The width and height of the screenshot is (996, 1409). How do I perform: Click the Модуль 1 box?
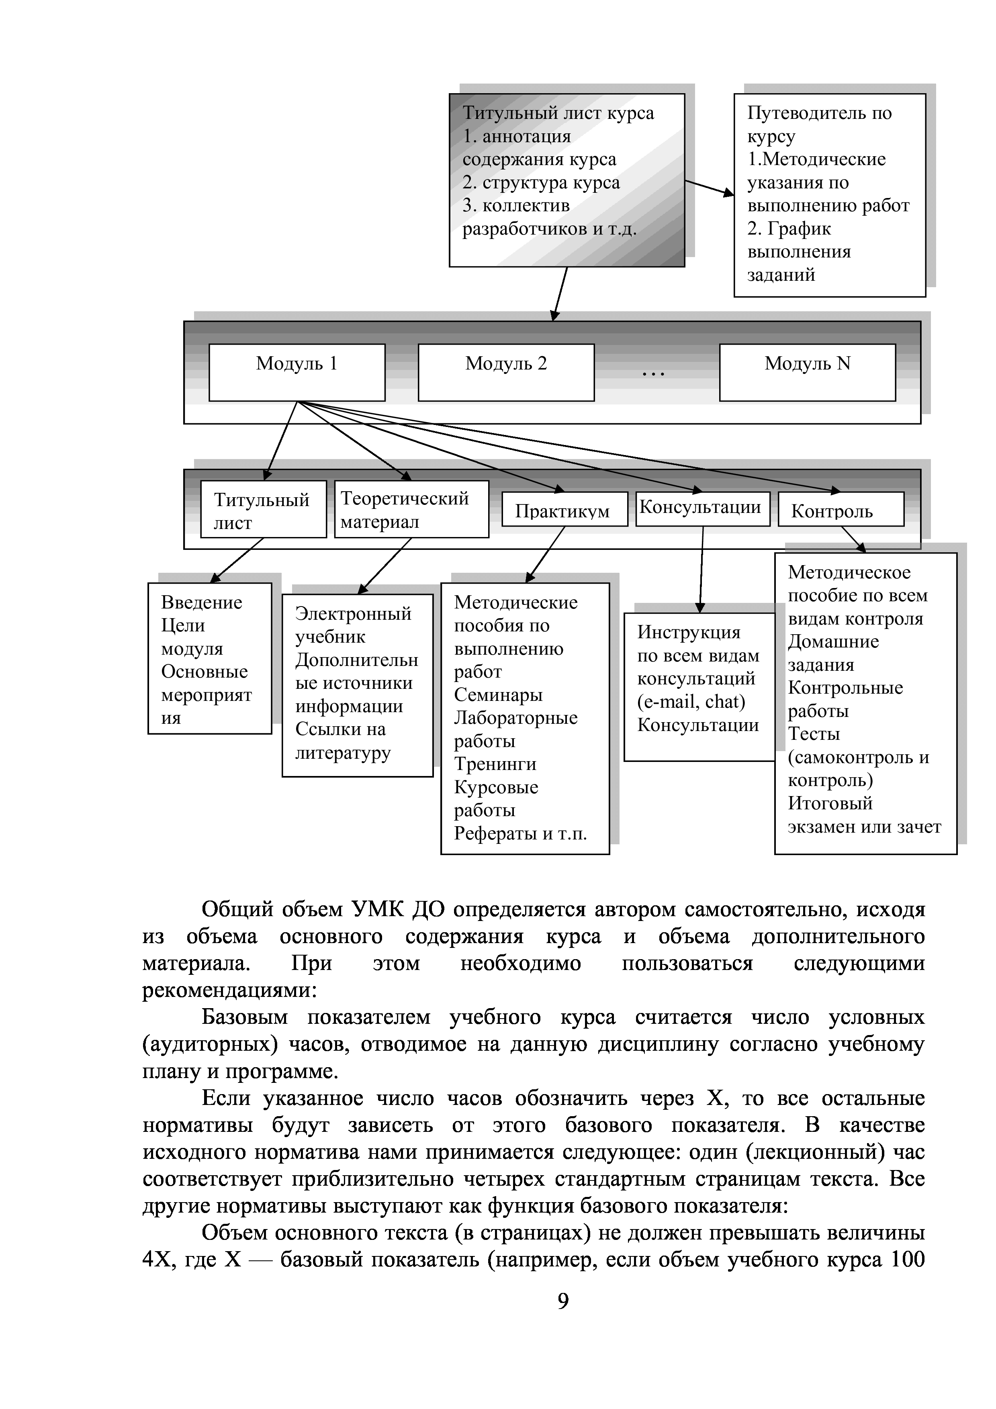[297, 372]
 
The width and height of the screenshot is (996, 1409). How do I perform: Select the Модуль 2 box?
[506, 372]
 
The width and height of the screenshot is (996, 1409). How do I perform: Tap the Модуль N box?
[807, 372]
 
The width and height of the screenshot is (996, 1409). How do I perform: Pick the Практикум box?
[564, 509]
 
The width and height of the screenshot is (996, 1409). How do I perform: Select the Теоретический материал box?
[411, 509]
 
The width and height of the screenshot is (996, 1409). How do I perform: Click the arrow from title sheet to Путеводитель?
[709, 188]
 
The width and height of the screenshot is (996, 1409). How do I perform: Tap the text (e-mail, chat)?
[691, 701]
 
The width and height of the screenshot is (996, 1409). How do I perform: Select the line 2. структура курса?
[541, 182]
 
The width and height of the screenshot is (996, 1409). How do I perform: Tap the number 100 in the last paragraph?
[908, 1259]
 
